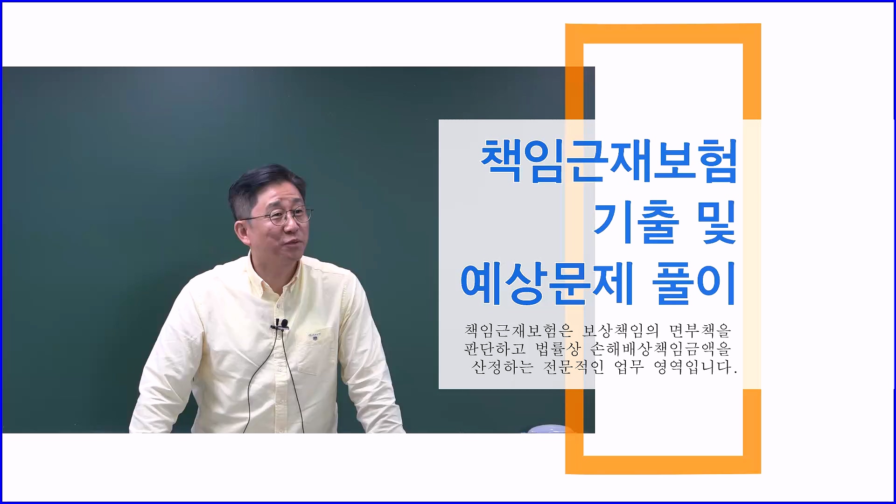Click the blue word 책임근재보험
(x=609, y=161)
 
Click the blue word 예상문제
(x=547, y=283)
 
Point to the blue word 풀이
(x=694, y=283)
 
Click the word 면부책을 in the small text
(x=700, y=330)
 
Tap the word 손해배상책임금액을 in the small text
(x=660, y=349)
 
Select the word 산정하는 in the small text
(x=502, y=367)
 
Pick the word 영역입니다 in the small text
(x=695, y=367)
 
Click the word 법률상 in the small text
(x=558, y=349)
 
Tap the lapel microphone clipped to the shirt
(x=281, y=324)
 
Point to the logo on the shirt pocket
(x=314, y=335)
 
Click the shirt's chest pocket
(x=317, y=352)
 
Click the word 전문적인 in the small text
(x=574, y=367)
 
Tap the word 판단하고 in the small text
(x=495, y=349)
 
